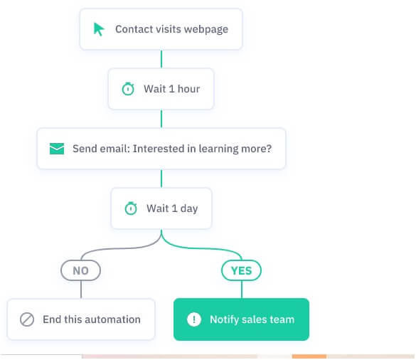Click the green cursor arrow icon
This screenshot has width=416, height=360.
tap(99, 29)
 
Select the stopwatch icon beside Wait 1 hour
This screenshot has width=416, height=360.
tap(128, 89)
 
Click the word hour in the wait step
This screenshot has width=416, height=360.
tap(188, 89)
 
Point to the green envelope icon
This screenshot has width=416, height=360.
tap(57, 149)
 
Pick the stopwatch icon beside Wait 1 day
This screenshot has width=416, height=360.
tap(131, 208)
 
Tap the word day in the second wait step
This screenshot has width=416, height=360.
tap(189, 208)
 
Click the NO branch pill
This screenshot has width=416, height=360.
tap(80, 270)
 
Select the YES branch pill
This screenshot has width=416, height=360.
tap(241, 270)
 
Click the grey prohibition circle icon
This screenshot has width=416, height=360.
tap(27, 319)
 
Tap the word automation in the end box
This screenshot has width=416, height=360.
tap(115, 319)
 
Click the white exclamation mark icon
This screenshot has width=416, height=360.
tap(194, 319)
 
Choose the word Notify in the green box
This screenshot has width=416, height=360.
tap(224, 319)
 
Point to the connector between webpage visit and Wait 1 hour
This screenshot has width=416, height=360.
tap(161, 59)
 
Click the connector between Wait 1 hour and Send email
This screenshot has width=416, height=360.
tap(161, 119)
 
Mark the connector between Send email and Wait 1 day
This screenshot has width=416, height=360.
tap(161, 179)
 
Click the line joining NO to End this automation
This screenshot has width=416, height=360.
tap(81, 290)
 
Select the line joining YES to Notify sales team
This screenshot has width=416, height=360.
tap(242, 290)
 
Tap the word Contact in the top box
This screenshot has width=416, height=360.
tap(134, 29)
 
